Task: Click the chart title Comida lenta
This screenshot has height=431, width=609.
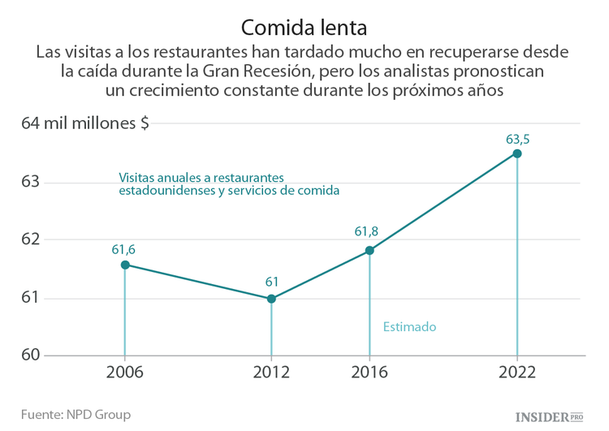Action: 304,25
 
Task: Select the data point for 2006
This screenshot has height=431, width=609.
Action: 125,265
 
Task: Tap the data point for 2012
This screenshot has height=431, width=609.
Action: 271,299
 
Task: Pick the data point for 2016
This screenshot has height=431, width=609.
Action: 369,251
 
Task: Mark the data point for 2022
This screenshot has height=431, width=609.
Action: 517,153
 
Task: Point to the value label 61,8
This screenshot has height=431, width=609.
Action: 367,232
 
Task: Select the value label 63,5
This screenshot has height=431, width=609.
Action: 518,139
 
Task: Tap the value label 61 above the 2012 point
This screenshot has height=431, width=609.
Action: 272,282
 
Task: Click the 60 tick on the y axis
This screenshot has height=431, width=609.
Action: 30,356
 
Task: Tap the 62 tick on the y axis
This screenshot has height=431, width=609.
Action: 30,239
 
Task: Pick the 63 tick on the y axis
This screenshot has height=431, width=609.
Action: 30,181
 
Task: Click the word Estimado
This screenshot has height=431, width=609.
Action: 409,327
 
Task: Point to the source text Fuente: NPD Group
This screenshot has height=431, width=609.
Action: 76,414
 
